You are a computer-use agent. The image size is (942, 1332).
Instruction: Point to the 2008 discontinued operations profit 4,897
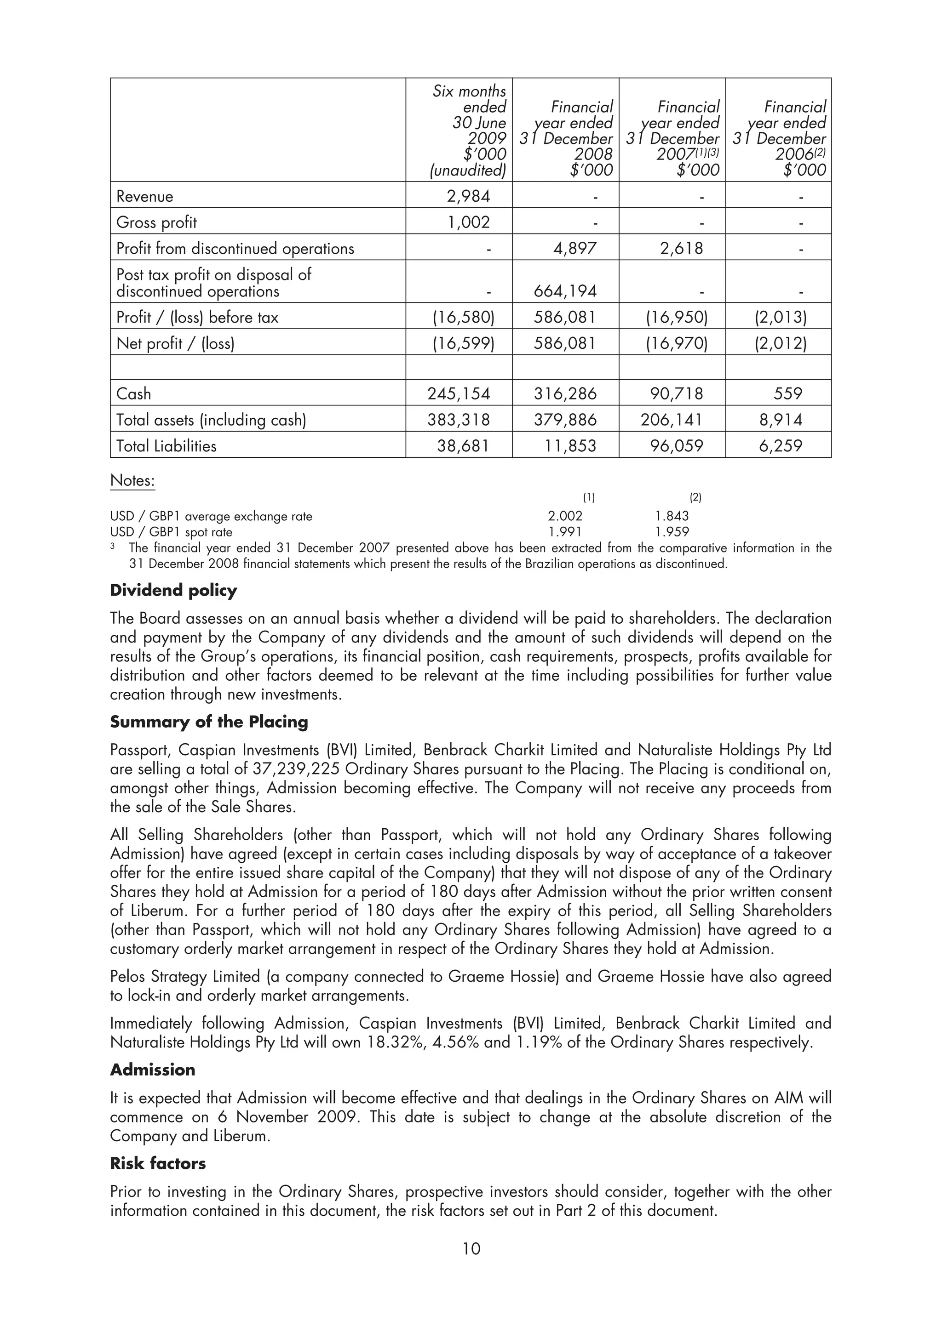(574, 248)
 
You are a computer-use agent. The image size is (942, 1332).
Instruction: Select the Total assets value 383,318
(459, 420)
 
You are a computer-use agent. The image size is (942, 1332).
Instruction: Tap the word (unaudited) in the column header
(468, 171)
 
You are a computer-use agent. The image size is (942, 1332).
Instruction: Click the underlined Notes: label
(132, 480)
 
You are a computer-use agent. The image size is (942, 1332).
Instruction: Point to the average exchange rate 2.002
(565, 516)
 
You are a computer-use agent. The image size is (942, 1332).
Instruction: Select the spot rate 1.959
(672, 531)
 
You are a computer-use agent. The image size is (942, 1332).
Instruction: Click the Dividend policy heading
(173, 591)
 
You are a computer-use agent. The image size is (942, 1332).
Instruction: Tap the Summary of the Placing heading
(209, 722)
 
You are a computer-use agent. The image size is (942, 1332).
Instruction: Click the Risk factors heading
(158, 1163)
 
